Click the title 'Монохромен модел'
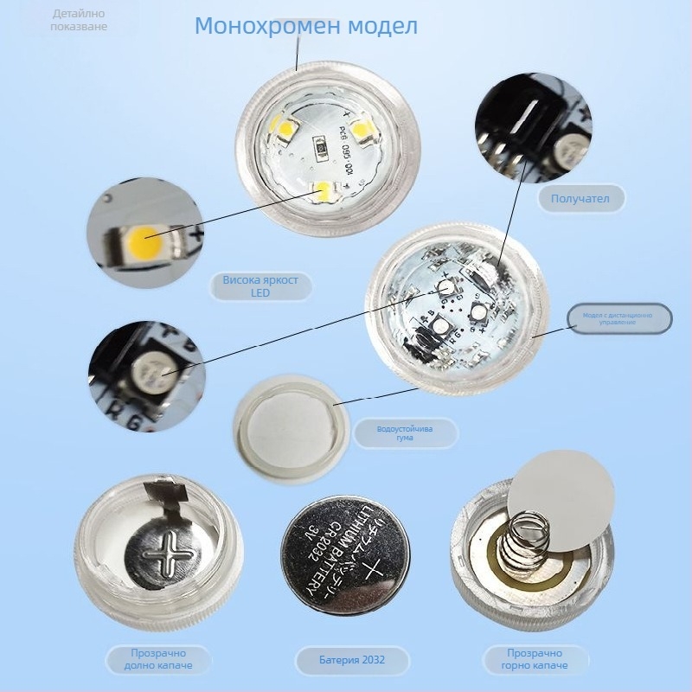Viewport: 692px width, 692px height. (306, 26)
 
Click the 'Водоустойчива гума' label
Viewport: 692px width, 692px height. (406, 433)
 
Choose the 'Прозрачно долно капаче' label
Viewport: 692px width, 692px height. (159, 660)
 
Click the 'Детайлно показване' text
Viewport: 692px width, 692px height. (80, 20)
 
